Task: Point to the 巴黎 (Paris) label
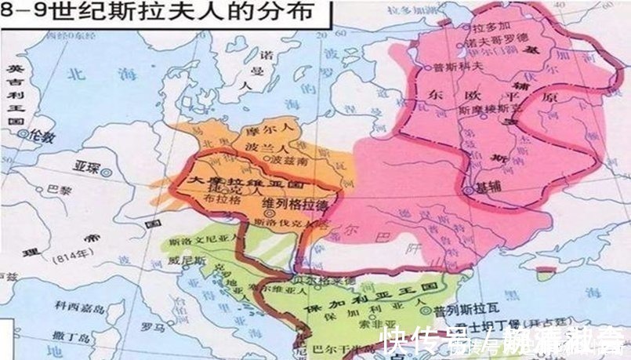pyautogui.click(x=58, y=189)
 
